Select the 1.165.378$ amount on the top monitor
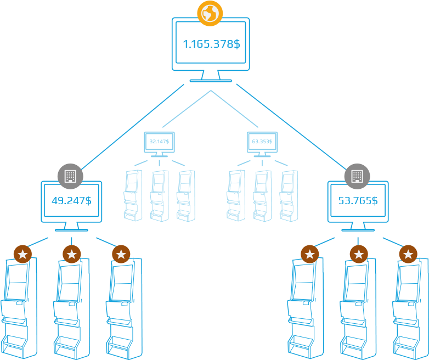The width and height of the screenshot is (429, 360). pyautogui.click(x=211, y=44)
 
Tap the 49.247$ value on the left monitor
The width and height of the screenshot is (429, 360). pyautogui.click(x=71, y=200)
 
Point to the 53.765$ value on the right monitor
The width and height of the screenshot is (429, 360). pyautogui.click(x=358, y=200)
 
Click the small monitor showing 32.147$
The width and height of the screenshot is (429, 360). pyautogui.click(x=159, y=142)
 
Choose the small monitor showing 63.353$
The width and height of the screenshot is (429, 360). pyautogui.click(x=262, y=142)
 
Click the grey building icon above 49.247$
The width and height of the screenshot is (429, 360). pyautogui.click(x=70, y=176)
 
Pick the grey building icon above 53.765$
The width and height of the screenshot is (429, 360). pyautogui.click(x=357, y=176)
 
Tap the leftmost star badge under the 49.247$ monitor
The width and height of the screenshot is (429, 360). pyautogui.click(x=22, y=254)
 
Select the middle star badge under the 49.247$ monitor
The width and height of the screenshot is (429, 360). pyautogui.click(x=71, y=254)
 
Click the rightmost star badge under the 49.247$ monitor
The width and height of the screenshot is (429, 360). pyautogui.click(x=121, y=254)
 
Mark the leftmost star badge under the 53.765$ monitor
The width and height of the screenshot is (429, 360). pyautogui.click(x=309, y=254)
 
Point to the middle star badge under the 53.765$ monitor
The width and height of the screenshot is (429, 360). pyautogui.click(x=359, y=254)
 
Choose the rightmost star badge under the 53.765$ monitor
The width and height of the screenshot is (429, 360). pyautogui.click(x=408, y=254)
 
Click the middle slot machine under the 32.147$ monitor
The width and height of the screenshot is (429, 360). pyautogui.click(x=159, y=195)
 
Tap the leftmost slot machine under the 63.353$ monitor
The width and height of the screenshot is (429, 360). pyautogui.click(x=236, y=195)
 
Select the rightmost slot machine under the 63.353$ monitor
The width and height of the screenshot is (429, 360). pyautogui.click(x=288, y=195)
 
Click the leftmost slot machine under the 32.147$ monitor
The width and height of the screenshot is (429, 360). pyautogui.click(x=133, y=195)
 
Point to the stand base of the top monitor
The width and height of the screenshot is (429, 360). pyautogui.click(x=211, y=80)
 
